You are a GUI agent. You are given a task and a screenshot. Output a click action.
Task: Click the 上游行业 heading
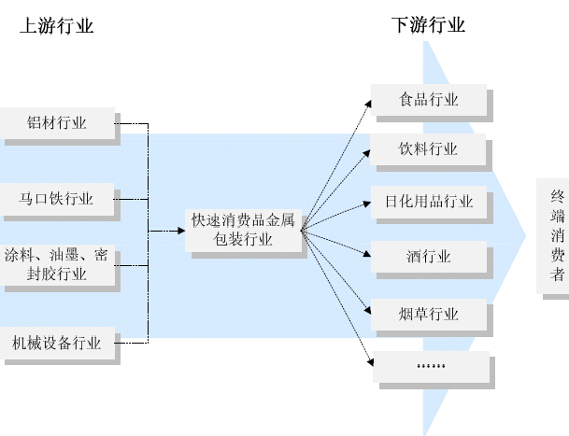click(x=57, y=26)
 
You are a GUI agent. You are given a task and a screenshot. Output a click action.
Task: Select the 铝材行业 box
click(x=57, y=123)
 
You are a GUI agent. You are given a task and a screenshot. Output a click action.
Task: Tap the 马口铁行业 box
click(x=57, y=198)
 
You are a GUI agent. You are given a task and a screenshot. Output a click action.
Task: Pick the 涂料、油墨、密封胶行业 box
click(x=57, y=264)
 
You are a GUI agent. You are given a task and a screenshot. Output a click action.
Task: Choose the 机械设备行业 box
click(x=57, y=343)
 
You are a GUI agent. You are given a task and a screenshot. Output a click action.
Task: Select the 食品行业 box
click(x=429, y=100)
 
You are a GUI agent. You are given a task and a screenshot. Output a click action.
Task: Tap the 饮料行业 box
click(x=429, y=149)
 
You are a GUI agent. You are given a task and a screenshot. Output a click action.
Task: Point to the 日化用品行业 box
click(x=429, y=201)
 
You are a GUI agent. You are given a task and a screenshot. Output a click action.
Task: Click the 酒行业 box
click(x=429, y=256)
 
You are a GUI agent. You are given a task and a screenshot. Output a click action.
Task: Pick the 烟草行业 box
click(x=429, y=314)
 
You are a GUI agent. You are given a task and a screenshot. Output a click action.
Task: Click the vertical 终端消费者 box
click(x=557, y=235)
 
